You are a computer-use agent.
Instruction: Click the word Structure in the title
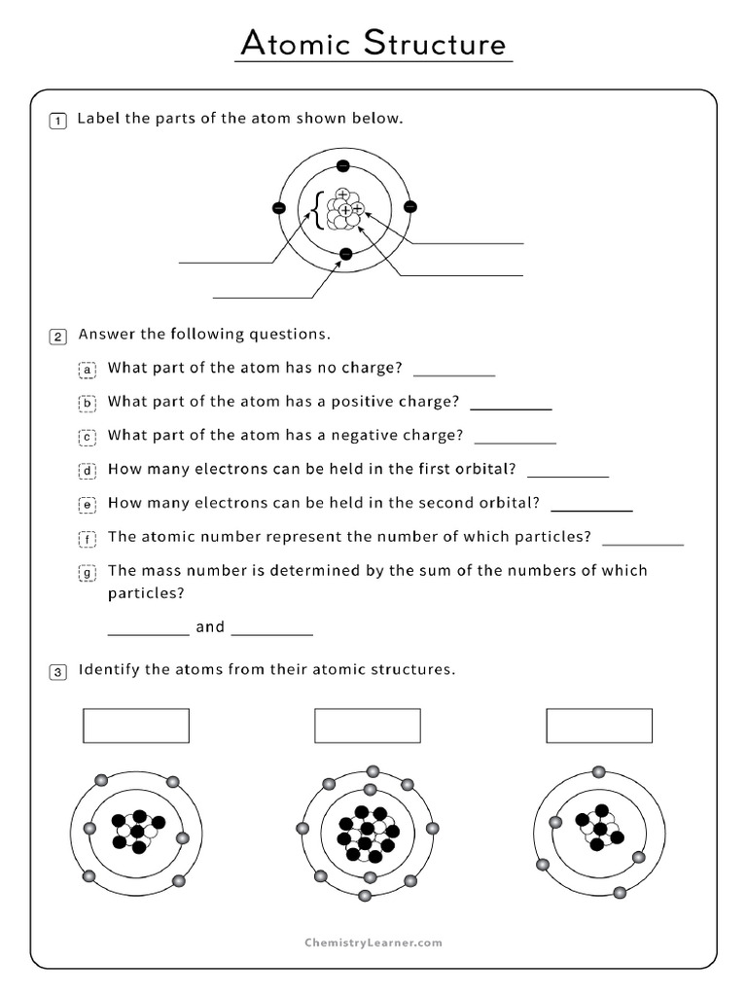(x=435, y=44)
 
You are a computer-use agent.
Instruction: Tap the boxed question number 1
(x=58, y=121)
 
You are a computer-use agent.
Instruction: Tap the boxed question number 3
(x=58, y=672)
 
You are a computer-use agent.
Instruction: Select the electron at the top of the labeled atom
(x=343, y=165)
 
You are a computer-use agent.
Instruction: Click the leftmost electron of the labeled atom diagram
(x=279, y=208)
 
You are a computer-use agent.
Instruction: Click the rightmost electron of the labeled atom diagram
(x=409, y=207)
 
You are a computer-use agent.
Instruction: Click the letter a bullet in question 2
(x=87, y=370)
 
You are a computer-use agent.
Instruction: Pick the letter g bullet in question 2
(x=87, y=573)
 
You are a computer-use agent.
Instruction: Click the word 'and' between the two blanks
(x=210, y=627)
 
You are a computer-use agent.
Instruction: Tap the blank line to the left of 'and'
(x=148, y=632)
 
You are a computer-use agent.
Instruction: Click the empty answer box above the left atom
(x=136, y=726)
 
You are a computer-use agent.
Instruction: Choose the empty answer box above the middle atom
(x=368, y=726)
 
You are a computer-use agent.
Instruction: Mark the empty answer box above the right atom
(x=599, y=726)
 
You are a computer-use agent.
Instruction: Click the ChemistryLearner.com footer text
(x=373, y=943)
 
